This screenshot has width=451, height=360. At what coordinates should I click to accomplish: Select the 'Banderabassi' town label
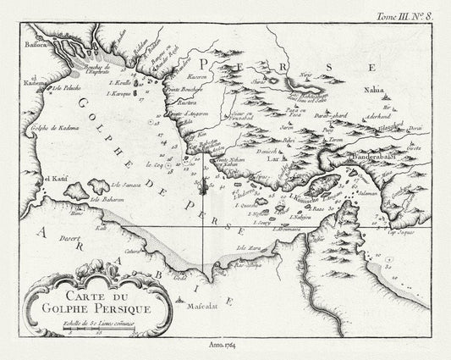[398, 157]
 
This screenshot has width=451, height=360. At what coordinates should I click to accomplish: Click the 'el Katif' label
[49, 180]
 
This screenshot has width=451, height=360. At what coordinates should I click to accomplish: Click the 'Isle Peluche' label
[67, 87]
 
